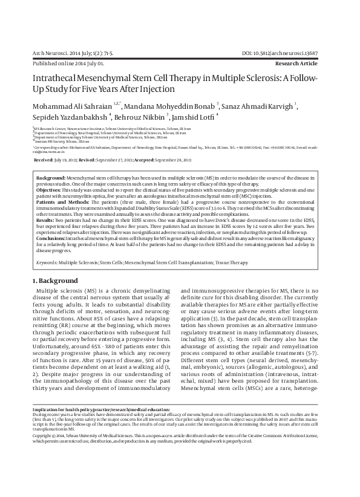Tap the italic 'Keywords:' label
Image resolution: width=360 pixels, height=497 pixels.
coord(47,263)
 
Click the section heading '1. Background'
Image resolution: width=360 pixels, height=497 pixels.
coord(55,281)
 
